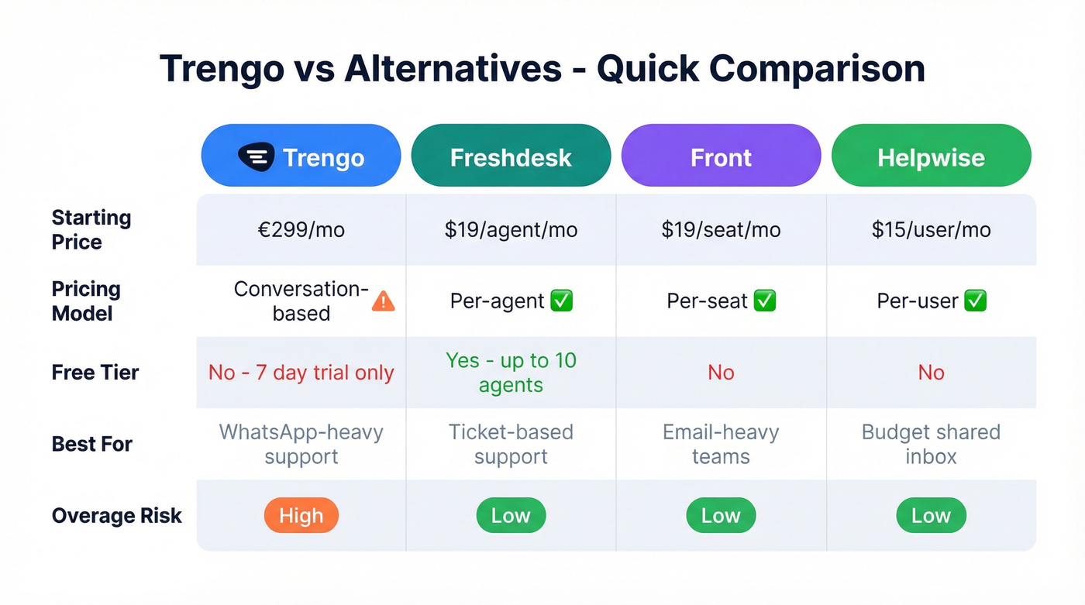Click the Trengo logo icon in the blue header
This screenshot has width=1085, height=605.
point(256,157)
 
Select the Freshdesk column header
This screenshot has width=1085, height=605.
point(511,157)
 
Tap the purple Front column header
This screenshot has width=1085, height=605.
point(721,157)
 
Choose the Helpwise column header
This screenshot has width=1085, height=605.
point(931,157)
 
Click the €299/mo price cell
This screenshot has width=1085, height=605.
point(301,230)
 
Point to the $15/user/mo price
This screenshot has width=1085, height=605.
point(931,230)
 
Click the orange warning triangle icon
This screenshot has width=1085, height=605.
point(384,301)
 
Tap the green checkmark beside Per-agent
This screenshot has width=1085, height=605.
point(561,301)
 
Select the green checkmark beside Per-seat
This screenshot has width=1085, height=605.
point(764,301)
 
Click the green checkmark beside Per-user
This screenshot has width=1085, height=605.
point(975,301)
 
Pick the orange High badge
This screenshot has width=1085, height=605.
point(301,516)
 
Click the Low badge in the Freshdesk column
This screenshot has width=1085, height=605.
point(511,516)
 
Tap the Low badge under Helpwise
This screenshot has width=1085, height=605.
point(931,516)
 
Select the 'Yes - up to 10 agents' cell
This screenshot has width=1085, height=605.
point(511,373)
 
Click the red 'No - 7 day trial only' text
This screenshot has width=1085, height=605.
point(301,373)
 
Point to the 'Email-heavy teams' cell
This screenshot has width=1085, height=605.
point(721,444)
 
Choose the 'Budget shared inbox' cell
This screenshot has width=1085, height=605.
point(931,444)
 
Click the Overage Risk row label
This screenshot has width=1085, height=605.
point(116,516)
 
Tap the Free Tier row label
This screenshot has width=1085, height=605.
point(95,373)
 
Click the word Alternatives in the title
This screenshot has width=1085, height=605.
point(453,69)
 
